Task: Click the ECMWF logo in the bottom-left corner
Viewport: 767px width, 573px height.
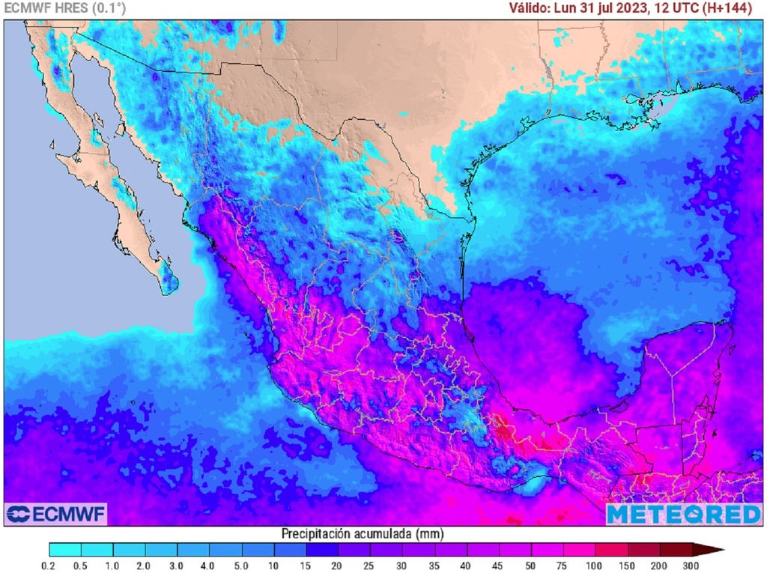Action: (56, 514)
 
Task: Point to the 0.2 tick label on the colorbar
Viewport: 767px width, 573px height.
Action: (49, 566)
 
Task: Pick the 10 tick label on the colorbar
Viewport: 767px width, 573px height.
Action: (274, 566)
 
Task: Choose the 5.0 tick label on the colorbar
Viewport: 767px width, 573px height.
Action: (242, 566)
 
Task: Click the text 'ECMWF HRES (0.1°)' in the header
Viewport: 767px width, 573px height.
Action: (65, 8)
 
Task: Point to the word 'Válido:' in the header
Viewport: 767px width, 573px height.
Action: (531, 8)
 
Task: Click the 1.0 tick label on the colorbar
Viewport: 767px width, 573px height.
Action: (113, 566)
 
